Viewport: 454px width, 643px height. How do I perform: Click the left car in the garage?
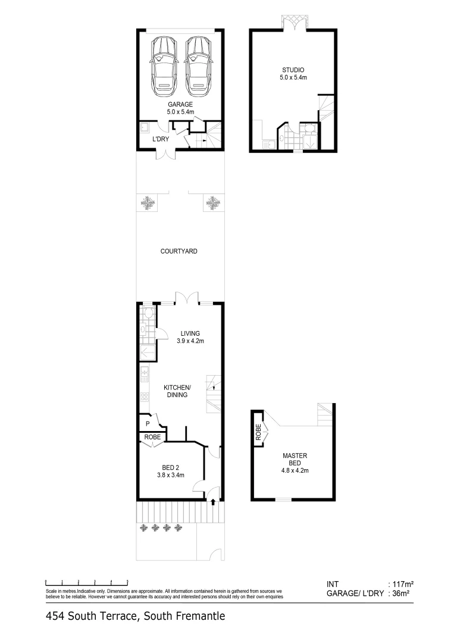point(163,66)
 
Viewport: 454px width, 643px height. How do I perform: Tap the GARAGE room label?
point(180,107)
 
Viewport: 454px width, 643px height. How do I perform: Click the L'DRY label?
point(161,139)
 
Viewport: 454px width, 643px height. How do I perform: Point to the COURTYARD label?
point(179,251)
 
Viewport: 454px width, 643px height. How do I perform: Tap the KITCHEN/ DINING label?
point(177,391)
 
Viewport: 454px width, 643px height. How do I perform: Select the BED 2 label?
point(171,471)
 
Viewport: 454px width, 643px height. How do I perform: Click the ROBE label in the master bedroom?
point(258,432)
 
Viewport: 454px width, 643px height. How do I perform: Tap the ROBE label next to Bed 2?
point(153,437)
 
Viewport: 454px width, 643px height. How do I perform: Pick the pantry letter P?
point(148,423)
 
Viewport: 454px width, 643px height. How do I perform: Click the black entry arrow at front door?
point(213,501)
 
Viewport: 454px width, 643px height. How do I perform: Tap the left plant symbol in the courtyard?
point(148,204)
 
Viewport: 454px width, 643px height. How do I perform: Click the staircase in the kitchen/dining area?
point(214,394)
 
